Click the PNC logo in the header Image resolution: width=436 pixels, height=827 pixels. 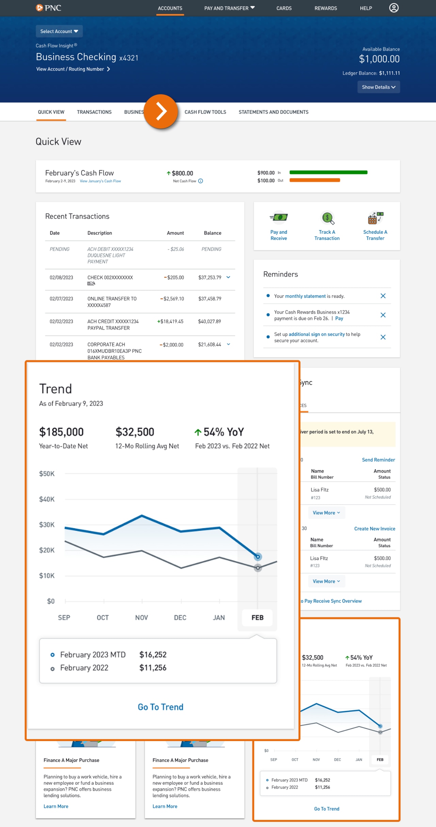coord(48,8)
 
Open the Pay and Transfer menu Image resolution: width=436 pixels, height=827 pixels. coord(229,8)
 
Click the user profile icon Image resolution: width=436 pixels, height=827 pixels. coord(394,8)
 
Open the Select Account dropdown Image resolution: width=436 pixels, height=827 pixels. coord(59,31)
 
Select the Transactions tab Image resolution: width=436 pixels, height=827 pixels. coord(94,112)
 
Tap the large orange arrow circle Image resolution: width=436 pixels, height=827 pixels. coord(161,111)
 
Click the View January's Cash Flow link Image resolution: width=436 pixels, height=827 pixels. coord(100,181)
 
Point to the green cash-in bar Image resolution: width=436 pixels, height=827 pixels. coord(328,172)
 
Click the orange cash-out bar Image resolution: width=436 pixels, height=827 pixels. coord(315,180)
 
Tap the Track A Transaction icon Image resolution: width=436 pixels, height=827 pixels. coord(327,218)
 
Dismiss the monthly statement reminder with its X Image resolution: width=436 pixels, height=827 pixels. coord(383,296)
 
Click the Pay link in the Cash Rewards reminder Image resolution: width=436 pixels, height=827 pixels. coord(339,318)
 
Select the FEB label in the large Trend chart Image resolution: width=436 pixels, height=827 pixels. coord(258,618)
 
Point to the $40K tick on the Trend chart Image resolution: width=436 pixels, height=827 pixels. coord(47,499)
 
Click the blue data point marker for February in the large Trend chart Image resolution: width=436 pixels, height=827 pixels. coord(258,557)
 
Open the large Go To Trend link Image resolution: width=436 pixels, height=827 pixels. coord(160,707)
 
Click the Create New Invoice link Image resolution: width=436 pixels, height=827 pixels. coord(375,529)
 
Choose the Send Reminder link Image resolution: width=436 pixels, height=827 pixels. coord(378,460)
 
